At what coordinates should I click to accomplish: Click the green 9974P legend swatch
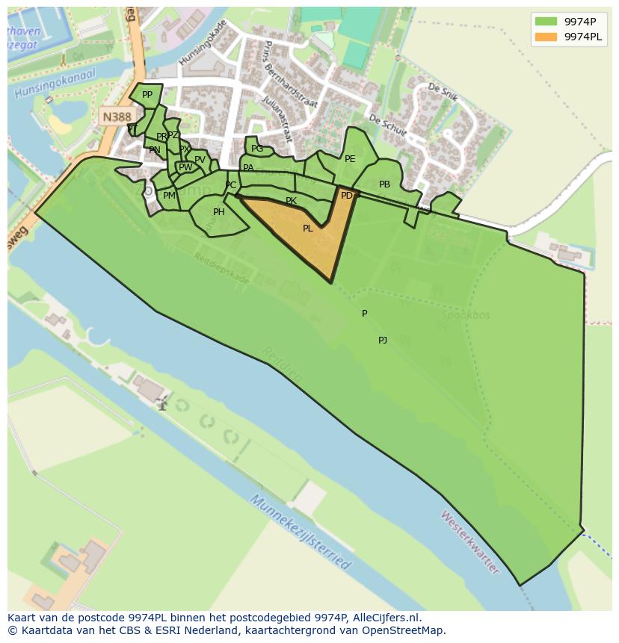click(x=546, y=21)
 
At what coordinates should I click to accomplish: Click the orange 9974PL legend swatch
click(x=546, y=36)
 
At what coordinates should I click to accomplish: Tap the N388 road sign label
click(x=116, y=117)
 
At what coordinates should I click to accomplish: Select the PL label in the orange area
click(x=307, y=229)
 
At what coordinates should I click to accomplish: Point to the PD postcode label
click(x=346, y=196)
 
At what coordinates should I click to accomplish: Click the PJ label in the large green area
click(x=382, y=341)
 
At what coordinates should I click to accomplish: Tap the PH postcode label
click(x=218, y=212)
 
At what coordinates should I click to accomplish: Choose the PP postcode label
click(x=147, y=95)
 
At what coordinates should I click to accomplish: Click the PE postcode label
click(x=349, y=159)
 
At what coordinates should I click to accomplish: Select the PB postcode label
click(x=384, y=184)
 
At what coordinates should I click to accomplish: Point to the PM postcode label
click(x=169, y=196)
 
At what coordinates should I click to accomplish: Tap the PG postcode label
click(x=256, y=149)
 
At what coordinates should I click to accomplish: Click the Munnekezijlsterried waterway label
click(x=300, y=532)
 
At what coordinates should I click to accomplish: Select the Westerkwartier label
click(x=469, y=541)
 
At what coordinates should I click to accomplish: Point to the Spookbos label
click(x=465, y=315)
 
